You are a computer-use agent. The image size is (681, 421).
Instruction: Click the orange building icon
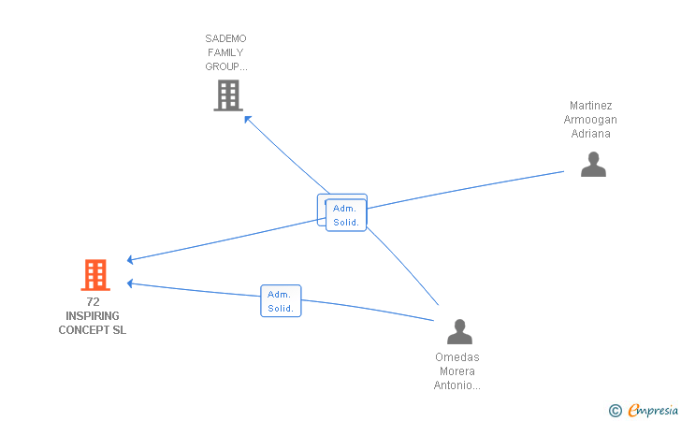point(95,274)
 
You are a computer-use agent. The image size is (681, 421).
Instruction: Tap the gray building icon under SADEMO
point(228,95)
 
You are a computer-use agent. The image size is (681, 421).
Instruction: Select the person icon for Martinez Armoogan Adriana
point(593,165)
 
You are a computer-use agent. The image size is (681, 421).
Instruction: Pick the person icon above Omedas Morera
point(459,332)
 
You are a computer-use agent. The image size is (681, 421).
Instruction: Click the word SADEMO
point(225,38)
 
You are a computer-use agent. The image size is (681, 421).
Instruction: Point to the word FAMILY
point(225,52)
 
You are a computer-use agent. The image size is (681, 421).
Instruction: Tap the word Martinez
point(590,106)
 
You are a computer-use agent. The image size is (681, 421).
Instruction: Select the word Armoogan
point(590,120)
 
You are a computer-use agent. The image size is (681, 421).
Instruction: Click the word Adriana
point(590,134)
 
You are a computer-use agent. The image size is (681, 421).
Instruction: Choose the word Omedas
point(457,357)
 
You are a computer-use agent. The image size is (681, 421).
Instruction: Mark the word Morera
point(457,371)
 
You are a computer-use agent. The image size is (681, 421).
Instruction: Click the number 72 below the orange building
point(93,301)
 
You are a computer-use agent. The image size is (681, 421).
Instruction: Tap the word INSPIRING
point(93,316)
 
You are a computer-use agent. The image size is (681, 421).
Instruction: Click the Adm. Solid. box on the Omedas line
point(281,300)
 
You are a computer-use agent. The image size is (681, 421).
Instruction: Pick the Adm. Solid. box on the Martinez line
point(346,215)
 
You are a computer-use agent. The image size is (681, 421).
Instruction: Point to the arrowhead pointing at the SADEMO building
point(248,119)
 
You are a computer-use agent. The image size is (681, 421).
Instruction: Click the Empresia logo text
point(653,410)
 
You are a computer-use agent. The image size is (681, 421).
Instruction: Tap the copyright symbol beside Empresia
point(616,411)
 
